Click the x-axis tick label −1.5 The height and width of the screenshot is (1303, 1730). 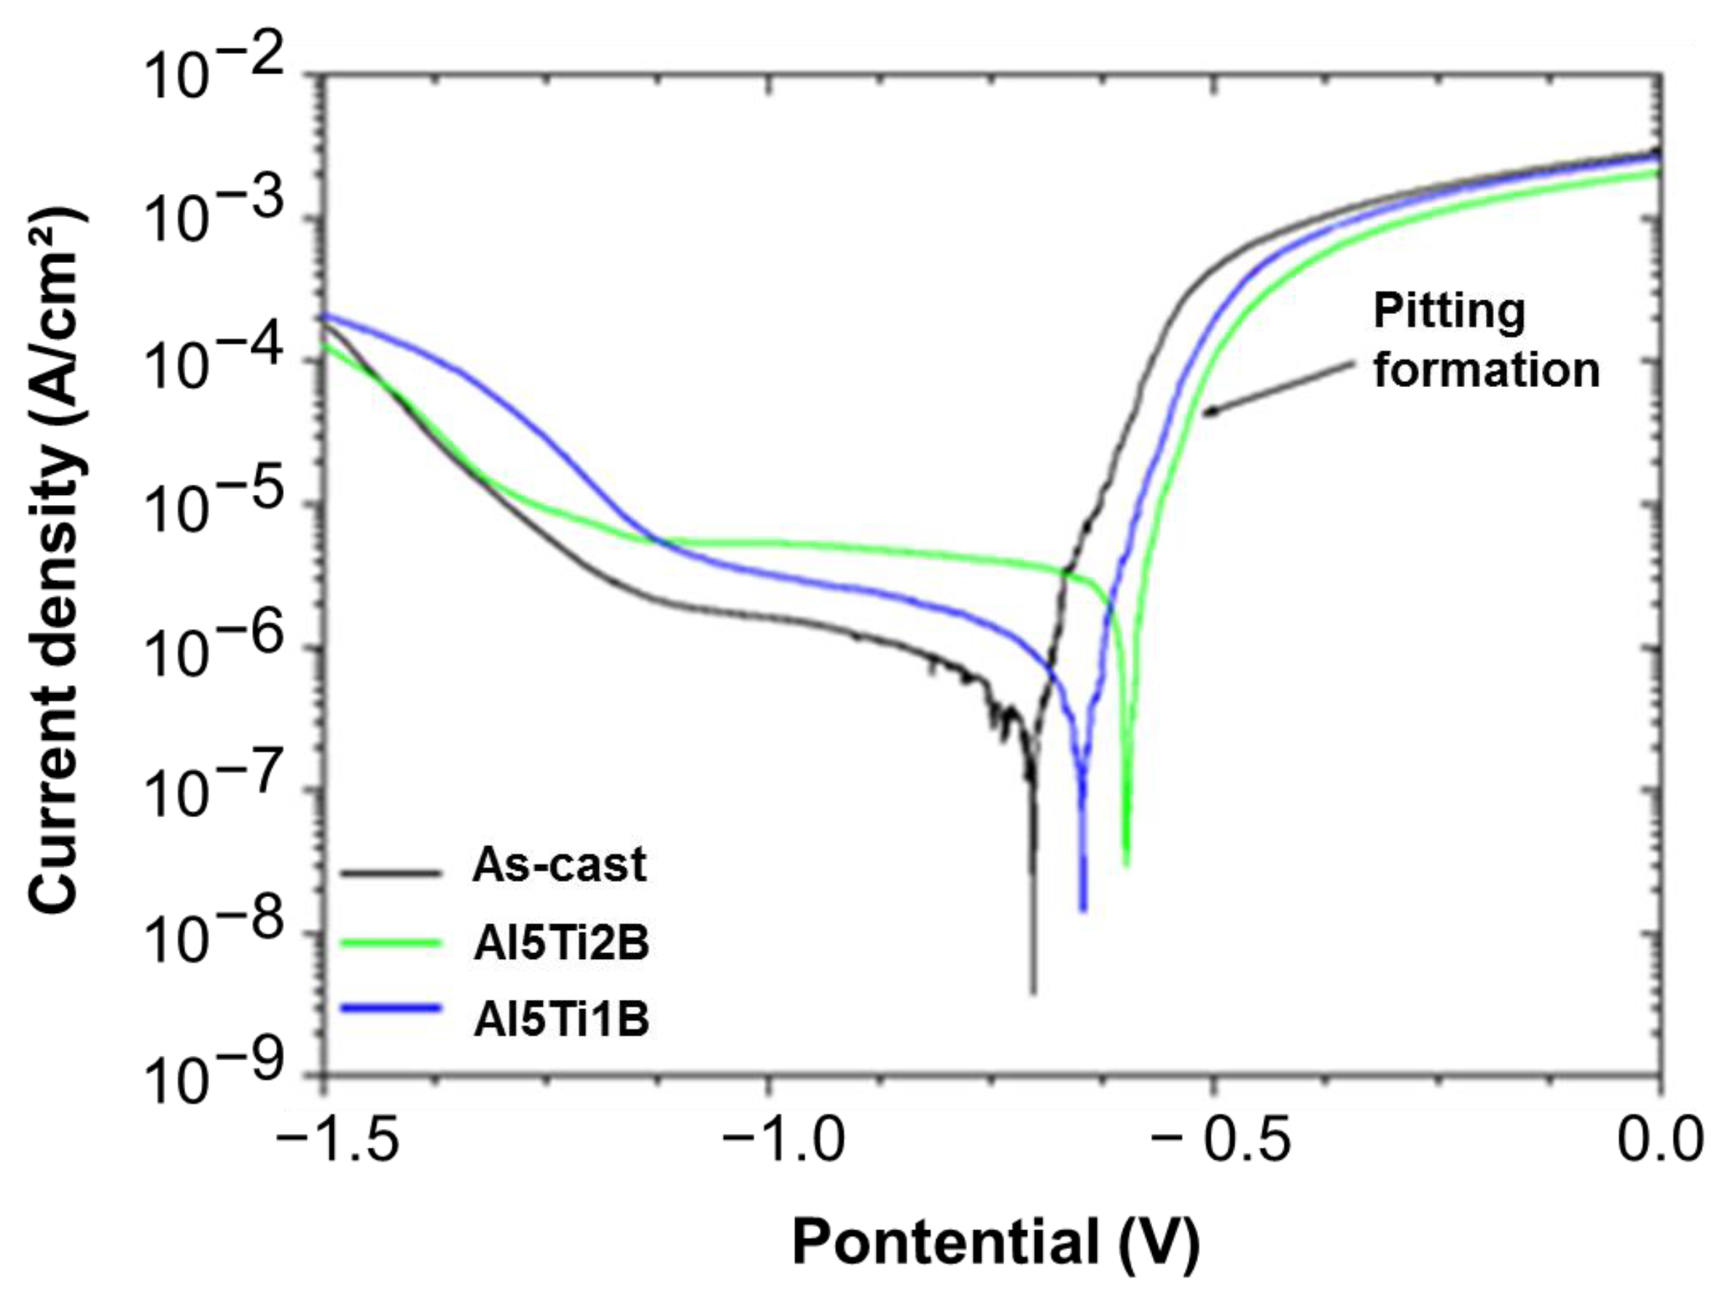338,1140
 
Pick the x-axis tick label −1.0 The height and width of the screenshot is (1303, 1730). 783,1140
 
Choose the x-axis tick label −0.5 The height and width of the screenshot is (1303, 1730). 1220,1140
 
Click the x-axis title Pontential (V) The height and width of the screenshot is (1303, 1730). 995,1243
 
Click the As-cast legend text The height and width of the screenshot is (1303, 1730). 558,865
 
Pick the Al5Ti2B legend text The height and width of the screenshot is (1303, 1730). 560,944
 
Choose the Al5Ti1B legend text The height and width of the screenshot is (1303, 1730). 560,1022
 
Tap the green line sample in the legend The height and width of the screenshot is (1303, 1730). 391,942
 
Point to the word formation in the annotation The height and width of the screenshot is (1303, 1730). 1486,369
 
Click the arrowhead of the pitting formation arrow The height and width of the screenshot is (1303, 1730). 1207,414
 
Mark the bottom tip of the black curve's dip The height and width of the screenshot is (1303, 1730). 1033,993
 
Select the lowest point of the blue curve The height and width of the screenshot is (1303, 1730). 1083,909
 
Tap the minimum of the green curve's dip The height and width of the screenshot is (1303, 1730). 1126,865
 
